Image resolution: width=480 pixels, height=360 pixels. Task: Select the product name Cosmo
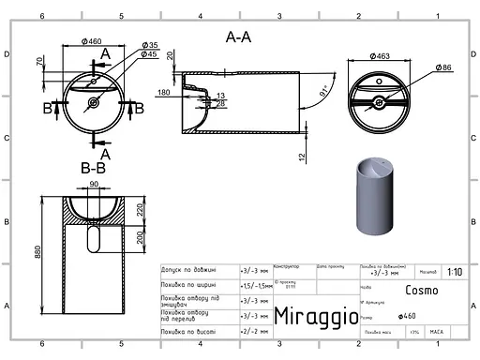click(421, 290)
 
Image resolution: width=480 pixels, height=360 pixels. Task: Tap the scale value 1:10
click(455, 272)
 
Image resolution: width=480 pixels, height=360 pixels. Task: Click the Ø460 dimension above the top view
click(91, 41)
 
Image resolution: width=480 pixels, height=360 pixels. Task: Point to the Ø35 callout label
click(151, 45)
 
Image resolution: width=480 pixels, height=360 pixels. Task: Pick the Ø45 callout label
click(150, 54)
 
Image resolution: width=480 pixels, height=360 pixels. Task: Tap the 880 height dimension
click(38, 252)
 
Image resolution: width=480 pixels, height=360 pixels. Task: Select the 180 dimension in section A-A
click(165, 92)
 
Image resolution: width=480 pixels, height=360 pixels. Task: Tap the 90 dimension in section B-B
click(94, 184)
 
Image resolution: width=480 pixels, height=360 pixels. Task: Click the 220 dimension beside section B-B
click(140, 209)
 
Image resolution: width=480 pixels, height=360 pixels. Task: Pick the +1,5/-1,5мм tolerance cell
click(254, 284)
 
